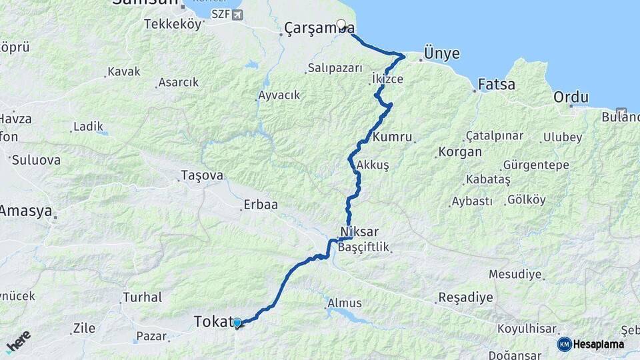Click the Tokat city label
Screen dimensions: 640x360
[211, 321]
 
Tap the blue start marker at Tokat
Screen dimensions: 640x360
[237, 323]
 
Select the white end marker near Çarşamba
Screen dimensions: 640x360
[341, 25]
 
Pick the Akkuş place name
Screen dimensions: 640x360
[373, 165]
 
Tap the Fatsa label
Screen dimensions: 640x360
[497, 85]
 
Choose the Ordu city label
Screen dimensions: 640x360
[571, 97]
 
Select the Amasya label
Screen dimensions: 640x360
[25, 211]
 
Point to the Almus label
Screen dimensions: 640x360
[344, 303]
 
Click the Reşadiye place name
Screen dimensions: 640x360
[466, 297]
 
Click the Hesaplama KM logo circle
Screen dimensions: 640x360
[565, 344]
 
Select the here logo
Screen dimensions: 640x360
[18, 341]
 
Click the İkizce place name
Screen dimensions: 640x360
[387, 79]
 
